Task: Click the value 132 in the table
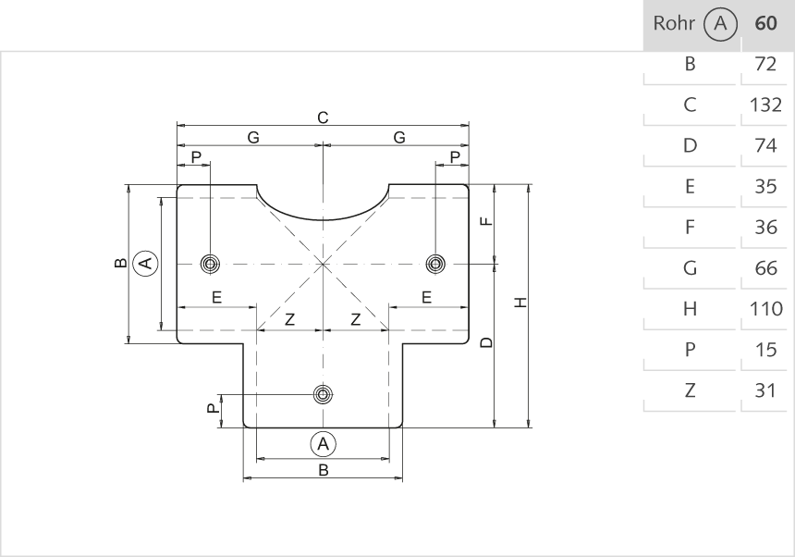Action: pos(765,105)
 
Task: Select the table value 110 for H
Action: pos(765,309)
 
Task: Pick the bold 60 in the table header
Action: pos(765,24)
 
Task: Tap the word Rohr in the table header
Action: pos(673,24)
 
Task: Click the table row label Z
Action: pos(689,390)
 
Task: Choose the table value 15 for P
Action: pos(765,350)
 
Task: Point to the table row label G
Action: pos(689,268)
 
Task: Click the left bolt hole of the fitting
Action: pos(211,264)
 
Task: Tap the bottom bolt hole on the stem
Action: pos(323,395)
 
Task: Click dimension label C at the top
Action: pos(323,118)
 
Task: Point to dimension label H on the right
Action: pos(520,303)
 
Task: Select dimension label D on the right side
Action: pos(486,343)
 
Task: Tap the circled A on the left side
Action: pos(144,264)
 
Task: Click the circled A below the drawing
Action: pos(323,444)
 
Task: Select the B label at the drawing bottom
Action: pos(323,470)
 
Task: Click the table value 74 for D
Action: pos(765,145)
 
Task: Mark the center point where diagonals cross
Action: pos(323,264)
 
